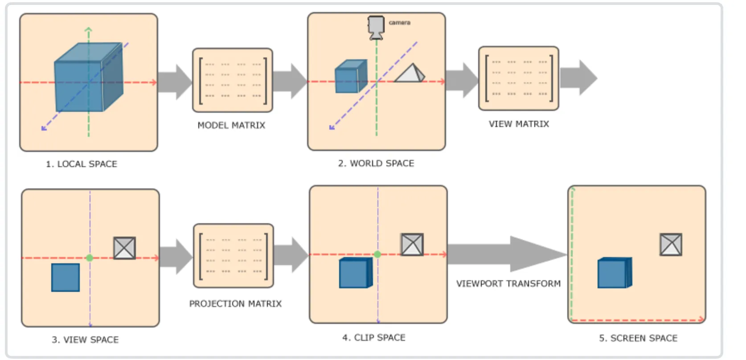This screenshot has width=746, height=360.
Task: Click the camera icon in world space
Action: tap(376, 27)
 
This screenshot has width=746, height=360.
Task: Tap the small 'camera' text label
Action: tap(399, 22)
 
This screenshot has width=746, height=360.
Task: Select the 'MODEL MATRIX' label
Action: tap(231, 126)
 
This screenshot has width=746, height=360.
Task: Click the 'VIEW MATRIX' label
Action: tap(519, 124)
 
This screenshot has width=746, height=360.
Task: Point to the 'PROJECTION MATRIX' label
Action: tap(235, 304)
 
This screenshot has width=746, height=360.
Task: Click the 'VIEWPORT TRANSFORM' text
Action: tap(508, 284)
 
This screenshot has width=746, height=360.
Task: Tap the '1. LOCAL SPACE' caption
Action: tap(82, 164)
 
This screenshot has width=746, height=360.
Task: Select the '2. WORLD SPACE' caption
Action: tap(376, 164)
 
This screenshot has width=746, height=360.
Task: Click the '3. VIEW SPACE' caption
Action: tap(85, 340)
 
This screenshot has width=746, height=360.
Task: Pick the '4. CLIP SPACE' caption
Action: tap(374, 338)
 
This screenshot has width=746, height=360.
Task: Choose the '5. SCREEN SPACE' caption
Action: tap(638, 339)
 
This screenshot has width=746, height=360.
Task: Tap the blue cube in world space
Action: tap(351, 77)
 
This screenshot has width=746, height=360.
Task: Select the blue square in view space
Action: tap(66, 278)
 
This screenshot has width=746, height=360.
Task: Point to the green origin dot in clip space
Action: tap(377, 254)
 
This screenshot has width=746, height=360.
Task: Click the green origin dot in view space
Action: tap(90, 258)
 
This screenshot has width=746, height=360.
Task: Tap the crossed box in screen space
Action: tap(671, 245)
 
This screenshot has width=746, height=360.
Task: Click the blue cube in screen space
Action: tap(614, 273)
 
